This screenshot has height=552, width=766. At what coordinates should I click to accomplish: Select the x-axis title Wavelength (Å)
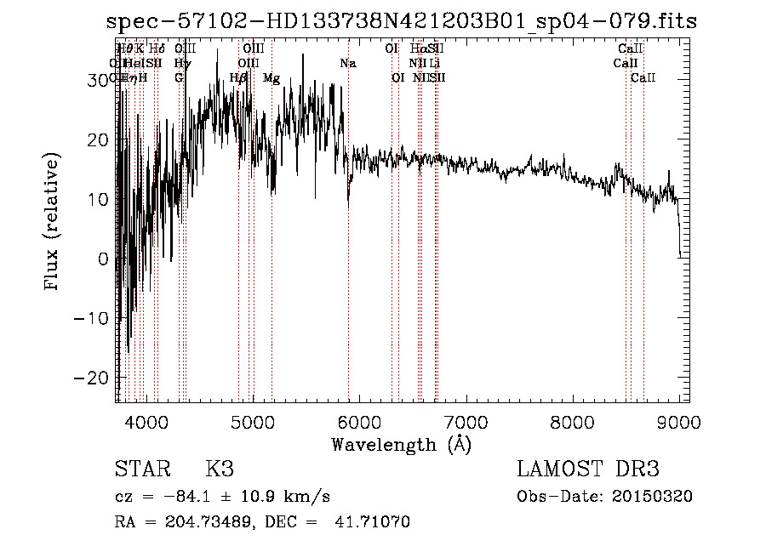[401, 443]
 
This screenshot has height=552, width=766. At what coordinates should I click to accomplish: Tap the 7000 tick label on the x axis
[466, 421]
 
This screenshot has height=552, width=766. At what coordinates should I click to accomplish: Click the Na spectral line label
[347, 63]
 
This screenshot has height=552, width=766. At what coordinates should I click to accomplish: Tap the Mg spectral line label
[272, 78]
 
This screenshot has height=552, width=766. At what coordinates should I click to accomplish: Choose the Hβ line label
[239, 78]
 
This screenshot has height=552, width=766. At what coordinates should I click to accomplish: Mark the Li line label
[434, 63]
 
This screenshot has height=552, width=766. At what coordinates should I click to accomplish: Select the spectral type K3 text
[220, 469]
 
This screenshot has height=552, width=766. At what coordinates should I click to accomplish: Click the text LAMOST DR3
[588, 469]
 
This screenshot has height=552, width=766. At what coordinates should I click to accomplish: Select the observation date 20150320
[656, 497]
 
